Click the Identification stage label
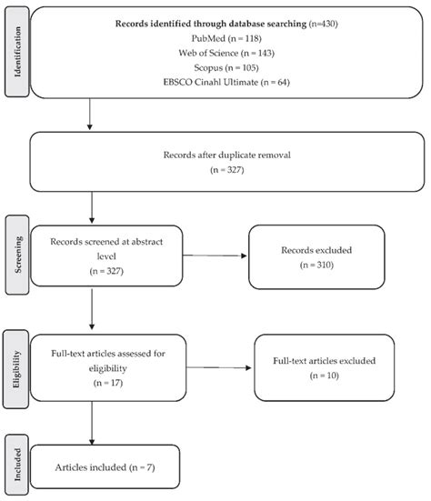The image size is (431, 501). click(16, 56)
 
